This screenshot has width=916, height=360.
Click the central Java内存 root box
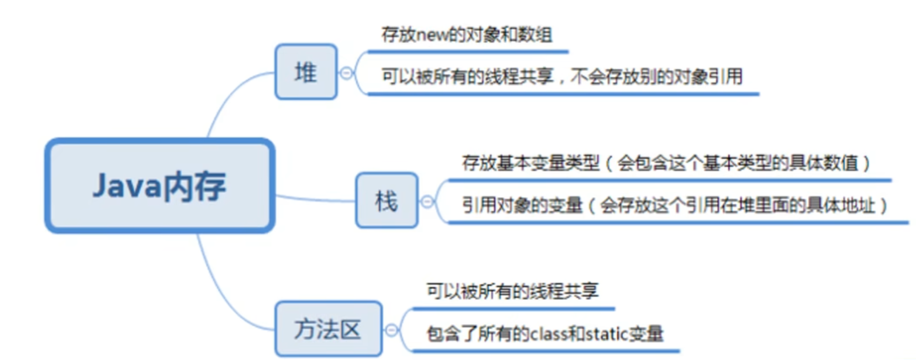(160, 186)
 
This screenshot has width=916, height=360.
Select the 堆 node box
(306, 72)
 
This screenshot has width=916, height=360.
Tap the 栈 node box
(386, 200)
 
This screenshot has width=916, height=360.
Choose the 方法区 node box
(328, 329)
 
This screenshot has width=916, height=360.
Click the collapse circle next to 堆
(347, 73)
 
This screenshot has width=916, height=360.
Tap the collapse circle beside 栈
(427, 202)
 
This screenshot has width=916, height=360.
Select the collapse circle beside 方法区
(391, 330)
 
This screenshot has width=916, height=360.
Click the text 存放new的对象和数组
(467, 35)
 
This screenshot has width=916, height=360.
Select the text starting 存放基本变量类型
(665, 163)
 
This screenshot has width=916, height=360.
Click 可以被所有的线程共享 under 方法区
(512, 291)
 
